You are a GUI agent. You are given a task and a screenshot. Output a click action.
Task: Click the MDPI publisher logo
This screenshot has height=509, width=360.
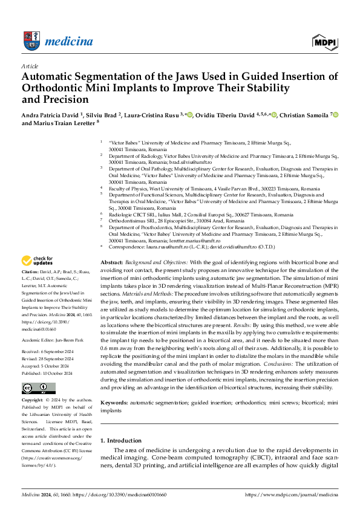click(324, 42)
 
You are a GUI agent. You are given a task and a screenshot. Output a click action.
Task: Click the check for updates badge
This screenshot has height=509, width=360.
click(37, 261)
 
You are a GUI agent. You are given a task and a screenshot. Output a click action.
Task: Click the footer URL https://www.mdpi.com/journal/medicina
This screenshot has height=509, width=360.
click(291, 494)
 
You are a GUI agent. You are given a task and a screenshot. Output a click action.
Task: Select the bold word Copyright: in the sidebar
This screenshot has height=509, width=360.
click(33, 383)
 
